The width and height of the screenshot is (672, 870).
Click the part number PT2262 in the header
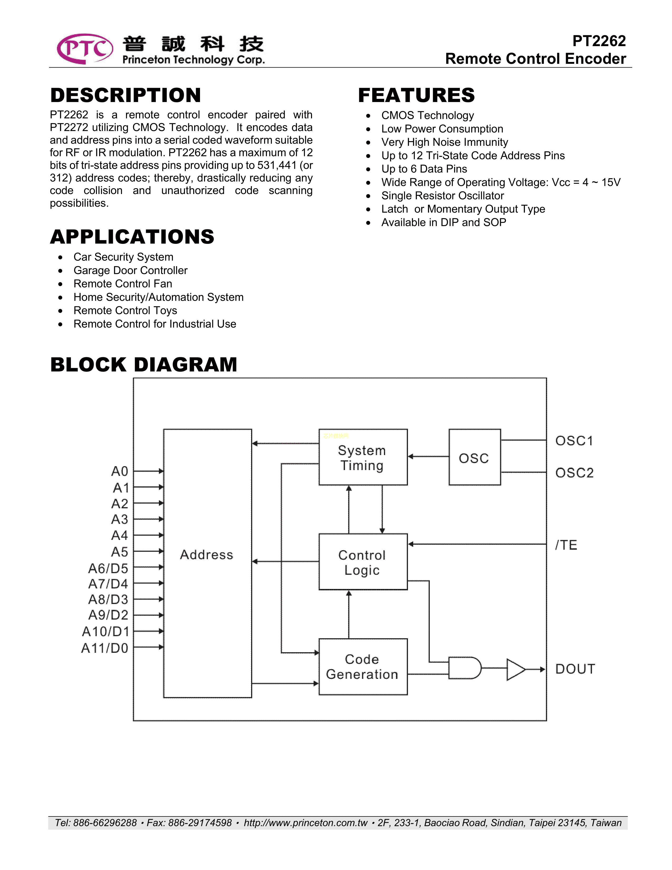pos(599,41)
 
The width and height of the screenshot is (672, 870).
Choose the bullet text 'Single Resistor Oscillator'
pos(442,196)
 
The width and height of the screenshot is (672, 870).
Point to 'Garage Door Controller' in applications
pos(130,270)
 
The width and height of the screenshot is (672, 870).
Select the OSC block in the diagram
pos(474,457)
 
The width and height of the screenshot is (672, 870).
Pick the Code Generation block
pos(363,667)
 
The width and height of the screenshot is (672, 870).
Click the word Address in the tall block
pos(207,554)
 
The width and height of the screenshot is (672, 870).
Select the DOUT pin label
pos(575,669)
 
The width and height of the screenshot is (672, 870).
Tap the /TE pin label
pos(566,545)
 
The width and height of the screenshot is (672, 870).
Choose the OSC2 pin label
pos(574,473)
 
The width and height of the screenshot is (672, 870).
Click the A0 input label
pos(119,472)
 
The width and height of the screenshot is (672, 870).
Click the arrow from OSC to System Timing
pos(428,457)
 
